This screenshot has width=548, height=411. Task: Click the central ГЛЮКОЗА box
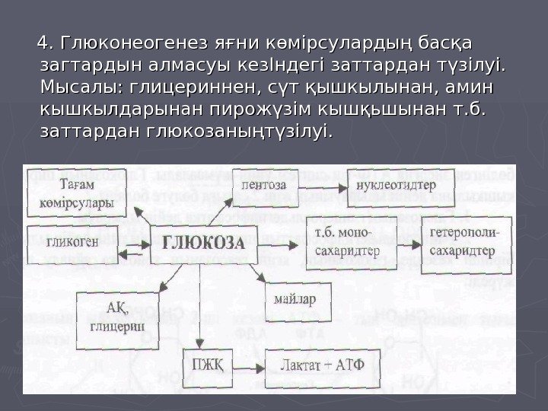pos(202,245)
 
